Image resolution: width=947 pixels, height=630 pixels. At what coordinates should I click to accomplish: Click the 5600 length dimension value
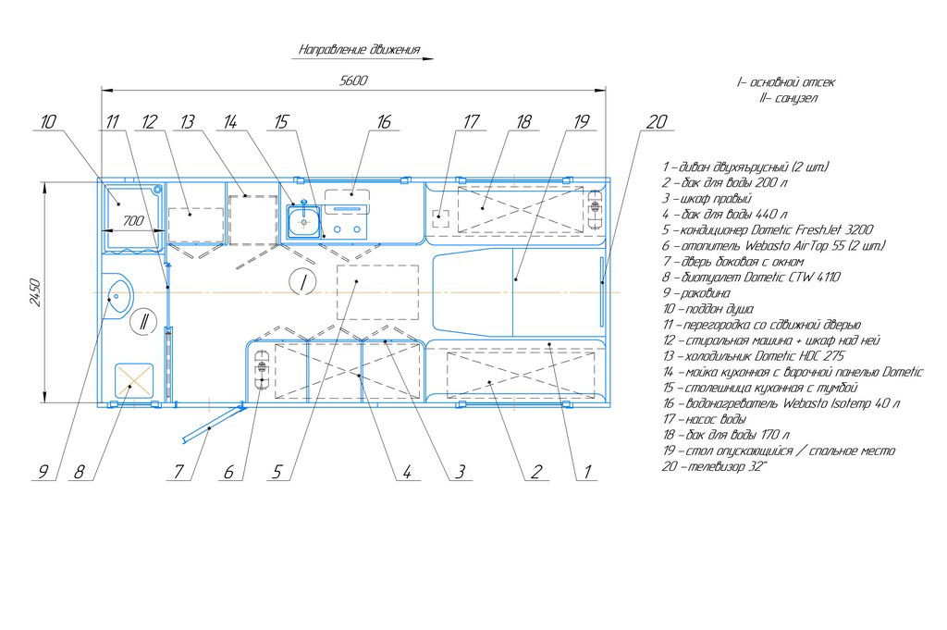(353, 80)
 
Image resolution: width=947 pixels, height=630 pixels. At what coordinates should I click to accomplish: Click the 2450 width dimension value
(35, 292)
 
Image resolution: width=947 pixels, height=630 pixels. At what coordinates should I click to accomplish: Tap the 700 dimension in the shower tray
(133, 221)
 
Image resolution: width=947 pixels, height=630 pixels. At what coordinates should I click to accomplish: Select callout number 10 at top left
(48, 122)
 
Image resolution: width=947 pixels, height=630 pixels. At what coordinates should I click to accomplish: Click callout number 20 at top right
(657, 122)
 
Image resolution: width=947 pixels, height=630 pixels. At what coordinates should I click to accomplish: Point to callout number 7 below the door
(178, 472)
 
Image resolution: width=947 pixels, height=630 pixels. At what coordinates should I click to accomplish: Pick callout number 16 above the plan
(384, 122)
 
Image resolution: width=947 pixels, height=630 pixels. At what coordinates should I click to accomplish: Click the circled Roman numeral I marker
(302, 281)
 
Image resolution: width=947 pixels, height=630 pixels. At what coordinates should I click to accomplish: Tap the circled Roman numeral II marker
(143, 321)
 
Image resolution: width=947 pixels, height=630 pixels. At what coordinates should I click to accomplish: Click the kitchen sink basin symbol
(303, 221)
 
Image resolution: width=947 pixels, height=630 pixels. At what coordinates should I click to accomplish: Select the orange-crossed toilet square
(134, 380)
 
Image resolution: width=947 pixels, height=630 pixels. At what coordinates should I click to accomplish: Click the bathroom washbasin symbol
(117, 295)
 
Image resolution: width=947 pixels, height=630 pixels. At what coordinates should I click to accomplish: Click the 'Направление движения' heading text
(360, 50)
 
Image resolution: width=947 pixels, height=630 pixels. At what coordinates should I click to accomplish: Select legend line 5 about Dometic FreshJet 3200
(768, 230)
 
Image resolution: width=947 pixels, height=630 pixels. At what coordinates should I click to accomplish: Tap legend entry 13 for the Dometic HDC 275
(754, 356)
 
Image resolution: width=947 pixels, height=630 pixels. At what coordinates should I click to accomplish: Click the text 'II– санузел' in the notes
(789, 98)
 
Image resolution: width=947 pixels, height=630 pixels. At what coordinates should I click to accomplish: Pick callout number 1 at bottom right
(587, 472)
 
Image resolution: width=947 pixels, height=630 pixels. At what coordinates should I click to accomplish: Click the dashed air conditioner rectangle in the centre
(377, 292)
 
